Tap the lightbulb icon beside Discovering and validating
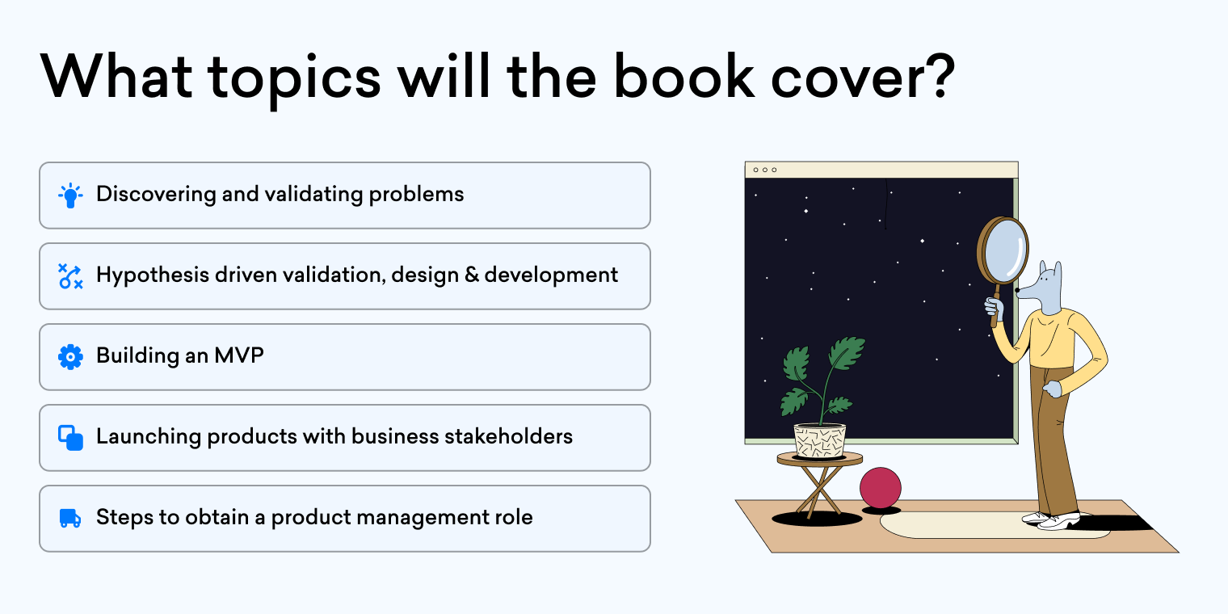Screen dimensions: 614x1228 [x=70, y=196]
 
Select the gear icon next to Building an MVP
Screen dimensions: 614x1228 [x=70, y=356]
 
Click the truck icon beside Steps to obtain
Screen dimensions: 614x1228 [x=70, y=518]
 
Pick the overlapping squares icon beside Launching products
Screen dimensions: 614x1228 [x=70, y=437]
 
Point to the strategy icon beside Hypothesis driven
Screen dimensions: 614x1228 [x=70, y=275]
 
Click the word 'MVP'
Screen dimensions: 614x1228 [x=239, y=355]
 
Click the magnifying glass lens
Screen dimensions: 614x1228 [x=1003, y=250]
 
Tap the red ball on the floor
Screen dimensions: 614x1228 [x=880, y=487]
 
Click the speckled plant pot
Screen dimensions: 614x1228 [x=819, y=440]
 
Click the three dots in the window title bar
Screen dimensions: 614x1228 [x=764, y=170]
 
